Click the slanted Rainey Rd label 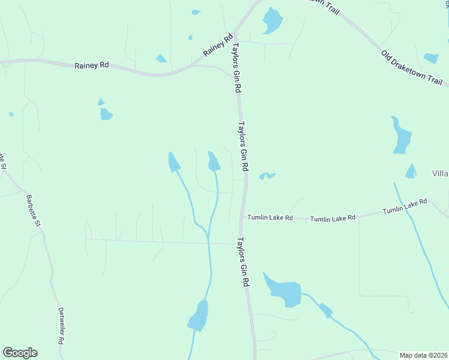tap(217, 46)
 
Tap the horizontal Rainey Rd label tap(91, 65)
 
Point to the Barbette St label tap(32, 211)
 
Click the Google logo tap(20, 353)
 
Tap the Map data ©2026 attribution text tap(424, 355)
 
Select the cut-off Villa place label tap(440, 173)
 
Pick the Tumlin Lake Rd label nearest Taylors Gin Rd tap(271, 218)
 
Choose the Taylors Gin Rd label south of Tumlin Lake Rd tap(243, 262)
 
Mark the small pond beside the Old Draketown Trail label tap(431, 58)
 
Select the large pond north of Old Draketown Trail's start tap(271, 22)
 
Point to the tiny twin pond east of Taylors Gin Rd tap(267, 176)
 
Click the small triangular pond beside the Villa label tap(411, 172)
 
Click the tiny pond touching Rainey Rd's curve tap(161, 58)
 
